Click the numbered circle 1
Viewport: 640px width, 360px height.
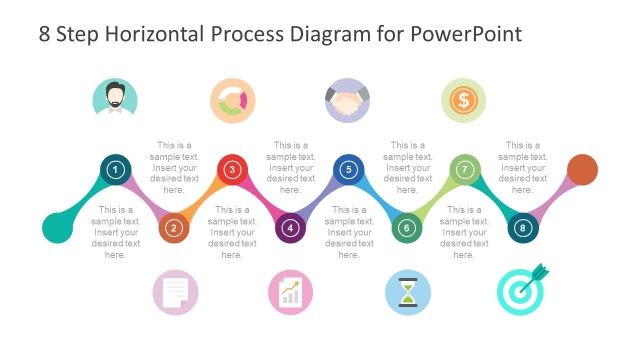(x=116, y=170)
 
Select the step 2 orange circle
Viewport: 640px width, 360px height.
(x=174, y=228)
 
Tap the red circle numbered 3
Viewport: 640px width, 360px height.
(x=232, y=170)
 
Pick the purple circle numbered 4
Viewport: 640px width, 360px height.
(x=290, y=228)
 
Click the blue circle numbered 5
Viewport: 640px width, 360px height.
(x=348, y=170)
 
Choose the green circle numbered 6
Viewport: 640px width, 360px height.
(x=406, y=228)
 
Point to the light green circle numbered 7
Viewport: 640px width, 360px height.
(x=464, y=170)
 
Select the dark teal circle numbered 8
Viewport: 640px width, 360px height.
(x=522, y=228)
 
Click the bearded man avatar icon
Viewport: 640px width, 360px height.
(x=116, y=100)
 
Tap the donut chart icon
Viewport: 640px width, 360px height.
(x=232, y=100)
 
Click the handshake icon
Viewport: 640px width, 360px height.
(x=348, y=100)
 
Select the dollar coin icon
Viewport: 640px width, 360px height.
(x=464, y=100)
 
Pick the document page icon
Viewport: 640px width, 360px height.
(x=174, y=292)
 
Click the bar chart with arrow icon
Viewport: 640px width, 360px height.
(x=290, y=292)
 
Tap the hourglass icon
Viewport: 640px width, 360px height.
(x=407, y=292)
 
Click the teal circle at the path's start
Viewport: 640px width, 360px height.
(x=57, y=228)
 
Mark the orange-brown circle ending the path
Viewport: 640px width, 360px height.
(x=582, y=170)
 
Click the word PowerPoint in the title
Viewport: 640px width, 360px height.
(x=467, y=35)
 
